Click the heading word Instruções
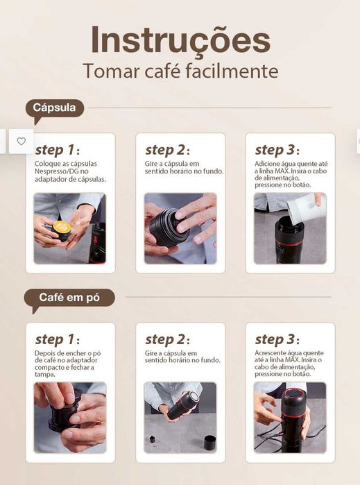pos(180,40)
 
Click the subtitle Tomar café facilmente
pos(180,71)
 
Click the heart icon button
pos(21,141)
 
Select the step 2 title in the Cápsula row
pos(167,150)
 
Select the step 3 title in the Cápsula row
pos(277,150)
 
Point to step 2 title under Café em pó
pos(167,339)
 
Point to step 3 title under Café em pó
pos(277,339)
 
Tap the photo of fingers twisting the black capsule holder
pos(180,228)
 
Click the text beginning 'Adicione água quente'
pos(289,175)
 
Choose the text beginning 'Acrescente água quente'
pos(289,364)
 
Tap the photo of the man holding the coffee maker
pos(180,417)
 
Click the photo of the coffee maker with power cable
pos(289,417)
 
